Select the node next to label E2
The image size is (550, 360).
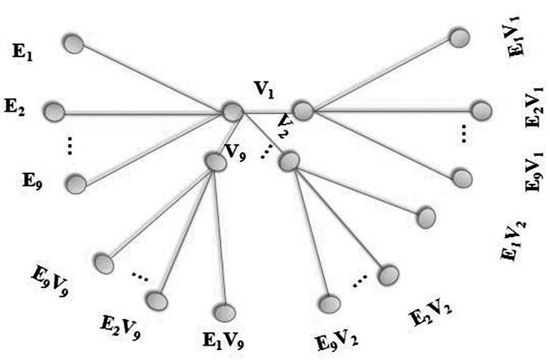click(x=54, y=112)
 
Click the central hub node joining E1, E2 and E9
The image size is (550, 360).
click(x=232, y=112)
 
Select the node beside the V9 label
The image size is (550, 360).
click(x=215, y=162)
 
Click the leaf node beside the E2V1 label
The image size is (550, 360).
click(x=481, y=110)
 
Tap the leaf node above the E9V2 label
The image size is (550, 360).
click(x=329, y=304)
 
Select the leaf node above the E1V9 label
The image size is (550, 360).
click(x=224, y=313)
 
